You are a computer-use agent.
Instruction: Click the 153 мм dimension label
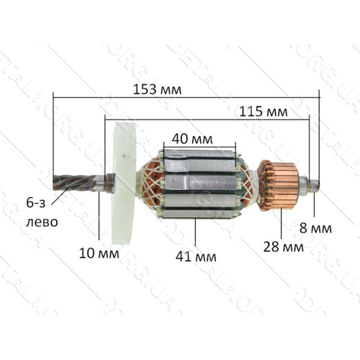coord(157,90)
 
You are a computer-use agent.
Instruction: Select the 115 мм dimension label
coord(264,112)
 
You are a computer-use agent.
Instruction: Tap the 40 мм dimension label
coord(192,139)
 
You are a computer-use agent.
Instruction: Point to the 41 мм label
coord(196,257)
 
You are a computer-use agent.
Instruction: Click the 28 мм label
coord(284,247)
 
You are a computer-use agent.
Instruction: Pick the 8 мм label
coord(315,228)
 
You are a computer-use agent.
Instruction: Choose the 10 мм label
coord(99,253)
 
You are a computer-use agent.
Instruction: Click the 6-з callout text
coord(36,203)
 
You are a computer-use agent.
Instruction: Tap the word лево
coord(42,222)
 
